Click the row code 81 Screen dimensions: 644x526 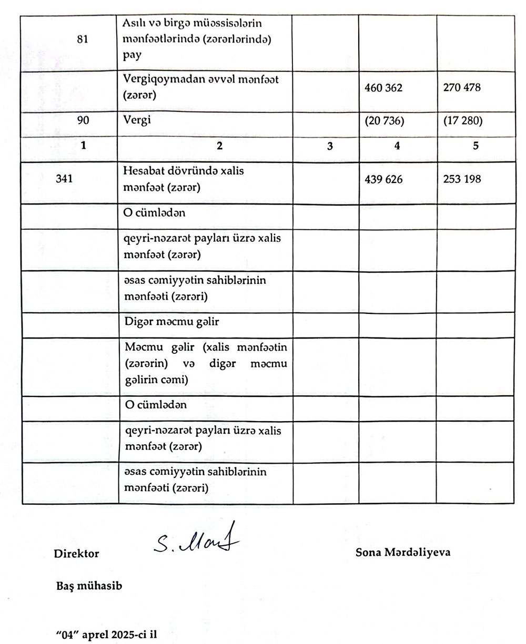[x=82, y=39]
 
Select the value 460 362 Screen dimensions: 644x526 [x=383, y=88]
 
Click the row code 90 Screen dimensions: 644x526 [x=83, y=120]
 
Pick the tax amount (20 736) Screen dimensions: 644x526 [x=384, y=121]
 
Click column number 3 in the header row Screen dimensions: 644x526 [x=330, y=147]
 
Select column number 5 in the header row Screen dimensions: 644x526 [x=476, y=147]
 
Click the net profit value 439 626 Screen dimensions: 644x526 [x=383, y=180]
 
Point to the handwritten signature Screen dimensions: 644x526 [x=195, y=539]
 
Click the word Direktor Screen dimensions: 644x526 [x=76, y=554]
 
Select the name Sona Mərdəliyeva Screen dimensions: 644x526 [x=403, y=553]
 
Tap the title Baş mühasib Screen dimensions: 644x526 [x=89, y=585]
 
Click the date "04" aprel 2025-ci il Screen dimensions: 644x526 [x=106, y=634]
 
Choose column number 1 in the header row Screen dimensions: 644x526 [x=83, y=147]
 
